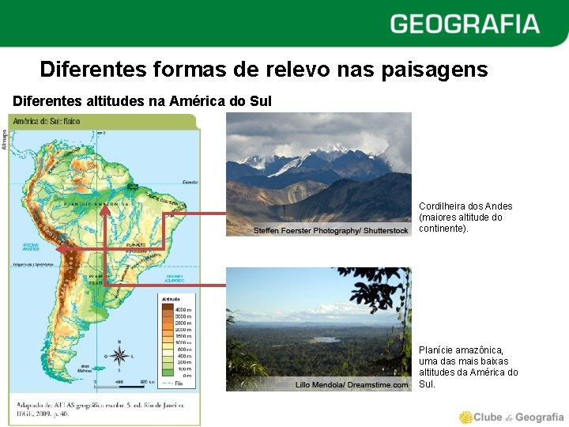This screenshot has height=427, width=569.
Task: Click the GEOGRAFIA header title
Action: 465,24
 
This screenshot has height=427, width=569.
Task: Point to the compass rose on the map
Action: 119,353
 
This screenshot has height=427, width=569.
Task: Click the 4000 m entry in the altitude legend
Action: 183,308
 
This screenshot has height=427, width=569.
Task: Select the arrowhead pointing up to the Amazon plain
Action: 104,210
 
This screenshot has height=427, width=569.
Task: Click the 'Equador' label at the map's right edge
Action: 189,181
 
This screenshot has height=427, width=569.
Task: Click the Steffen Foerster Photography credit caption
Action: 331,230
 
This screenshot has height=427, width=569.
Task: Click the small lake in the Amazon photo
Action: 325,339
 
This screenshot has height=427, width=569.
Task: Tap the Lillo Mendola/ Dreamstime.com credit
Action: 352,385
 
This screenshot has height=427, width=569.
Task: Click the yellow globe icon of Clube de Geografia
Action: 467,417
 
